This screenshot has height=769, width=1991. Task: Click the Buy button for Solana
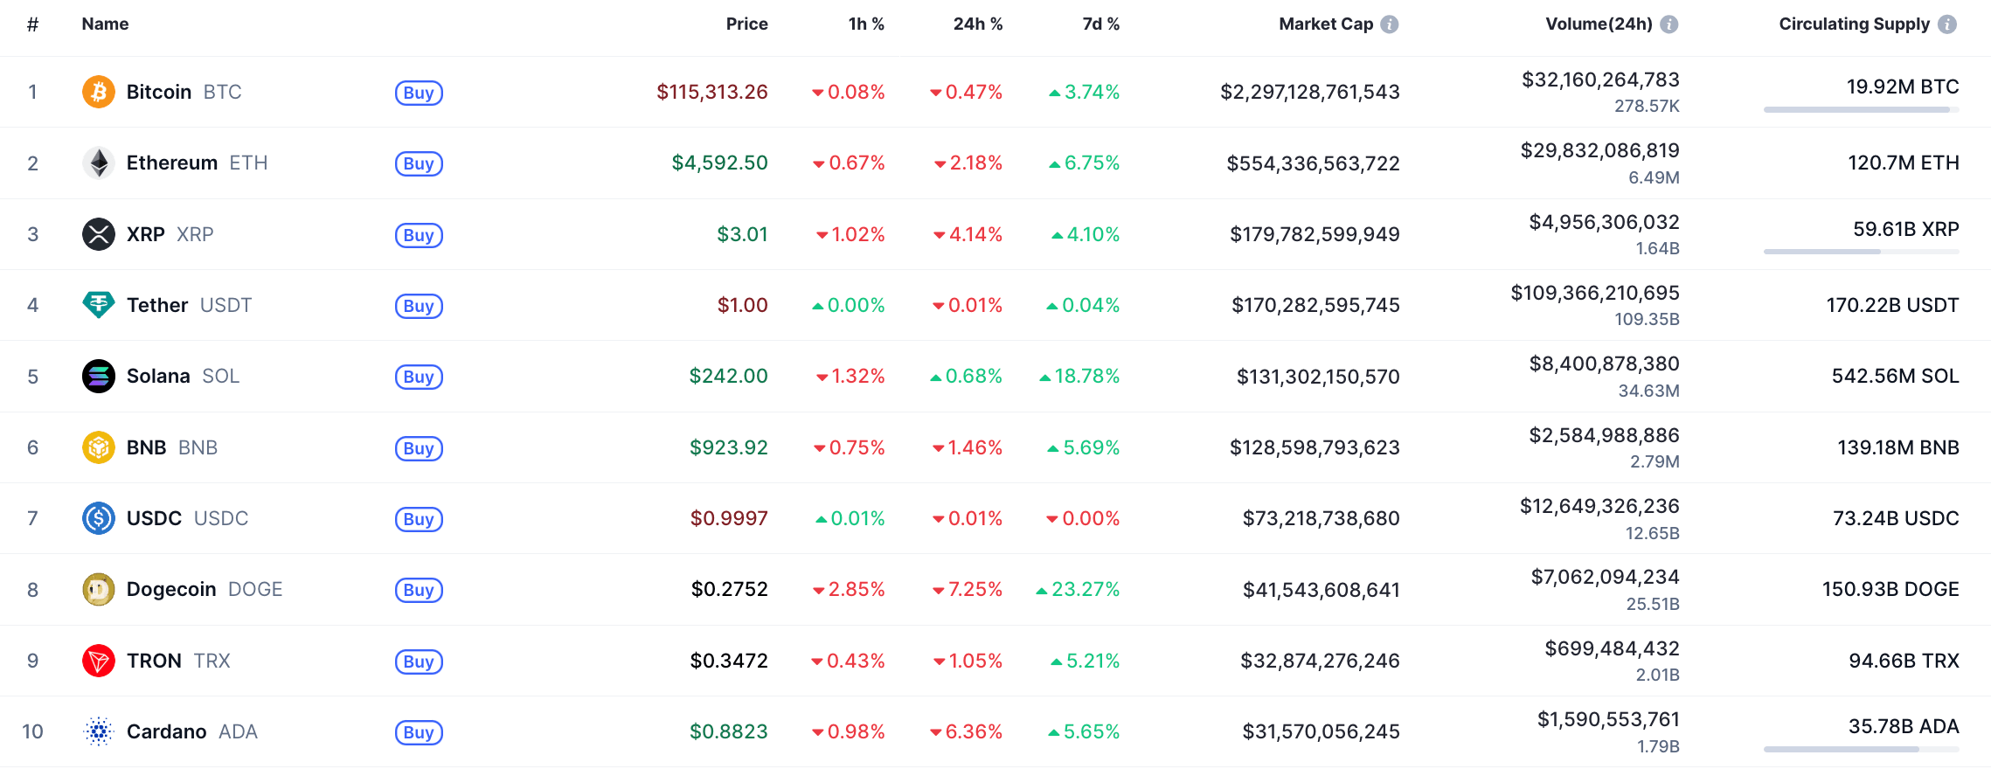click(419, 377)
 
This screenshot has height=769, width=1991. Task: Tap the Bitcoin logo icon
click(99, 92)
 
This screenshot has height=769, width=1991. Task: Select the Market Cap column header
click(1325, 24)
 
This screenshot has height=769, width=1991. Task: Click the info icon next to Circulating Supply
click(1947, 24)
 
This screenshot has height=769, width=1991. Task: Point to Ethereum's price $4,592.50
click(719, 163)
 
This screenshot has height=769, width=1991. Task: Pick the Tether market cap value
click(1315, 305)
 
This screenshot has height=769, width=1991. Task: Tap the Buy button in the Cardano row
click(419, 732)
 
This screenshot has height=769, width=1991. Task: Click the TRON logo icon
click(99, 661)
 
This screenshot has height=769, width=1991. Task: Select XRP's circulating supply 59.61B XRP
click(1905, 229)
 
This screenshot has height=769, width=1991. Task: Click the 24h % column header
click(977, 24)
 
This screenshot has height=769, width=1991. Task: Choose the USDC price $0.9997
click(729, 519)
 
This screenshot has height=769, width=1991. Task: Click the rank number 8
click(33, 590)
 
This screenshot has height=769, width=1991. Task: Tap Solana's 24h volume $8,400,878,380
click(1604, 364)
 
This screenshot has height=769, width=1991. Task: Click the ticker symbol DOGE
click(255, 590)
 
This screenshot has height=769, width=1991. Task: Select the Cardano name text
click(166, 731)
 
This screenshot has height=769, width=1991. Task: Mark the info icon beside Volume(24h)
click(1669, 24)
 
